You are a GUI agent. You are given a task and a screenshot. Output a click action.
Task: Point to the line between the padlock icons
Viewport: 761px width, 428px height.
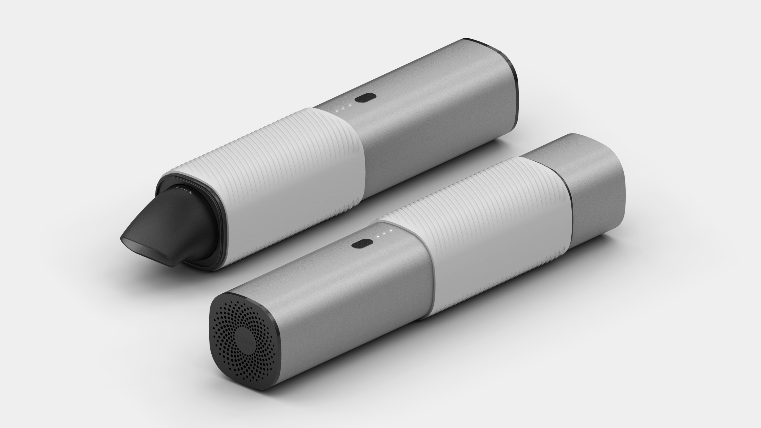184,189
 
